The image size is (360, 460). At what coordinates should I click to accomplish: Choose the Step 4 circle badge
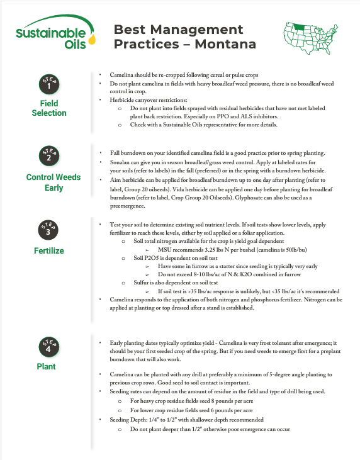coord(49,346)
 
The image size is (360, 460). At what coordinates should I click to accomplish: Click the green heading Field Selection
coord(49,108)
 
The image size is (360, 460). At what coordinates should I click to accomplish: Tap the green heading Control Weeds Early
coord(53,182)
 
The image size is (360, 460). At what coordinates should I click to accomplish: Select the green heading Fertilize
coord(49,251)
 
